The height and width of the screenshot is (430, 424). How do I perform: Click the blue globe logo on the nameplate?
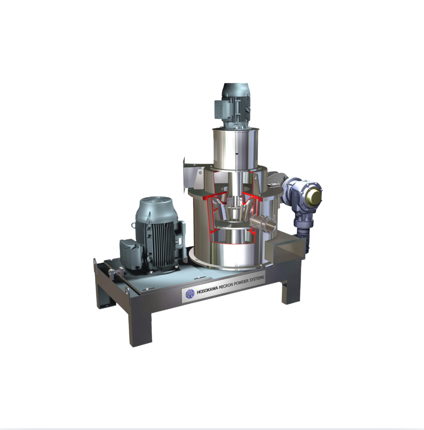[190, 294]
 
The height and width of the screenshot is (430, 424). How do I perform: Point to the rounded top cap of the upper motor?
[236, 90]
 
